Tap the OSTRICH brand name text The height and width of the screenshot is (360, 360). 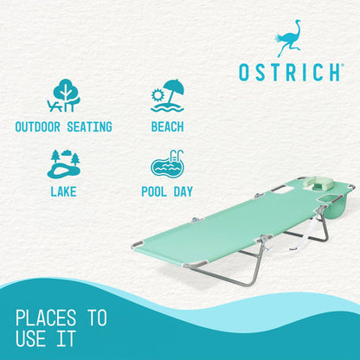[x=289, y=73]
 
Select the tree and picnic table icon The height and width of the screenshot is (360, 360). [x=64, y=96]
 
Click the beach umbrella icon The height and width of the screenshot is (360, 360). [x=167, y=96]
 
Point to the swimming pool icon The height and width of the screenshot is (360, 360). [x=167, y=164]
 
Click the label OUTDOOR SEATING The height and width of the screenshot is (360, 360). [x=64, y=127]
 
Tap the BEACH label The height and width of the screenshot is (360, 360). [x=167, y=127]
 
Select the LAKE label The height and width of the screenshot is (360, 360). [x=64, y=191]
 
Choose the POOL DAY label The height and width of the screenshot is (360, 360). [x=167, y=191]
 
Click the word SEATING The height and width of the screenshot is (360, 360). [x=89, y=127]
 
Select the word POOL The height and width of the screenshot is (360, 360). [x=155, y=191]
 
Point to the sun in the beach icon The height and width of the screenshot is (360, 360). [x=157, y=93]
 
